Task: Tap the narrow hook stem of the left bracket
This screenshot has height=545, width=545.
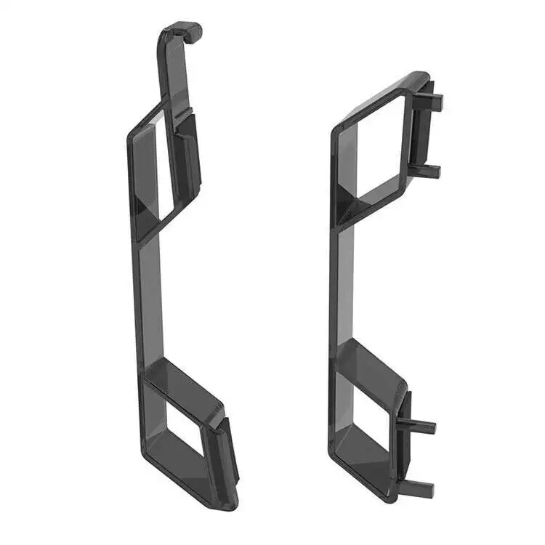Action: pyautogui.click(x=166, y=69)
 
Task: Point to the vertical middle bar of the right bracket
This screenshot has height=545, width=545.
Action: pyautogui.click(x=345, y=283)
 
